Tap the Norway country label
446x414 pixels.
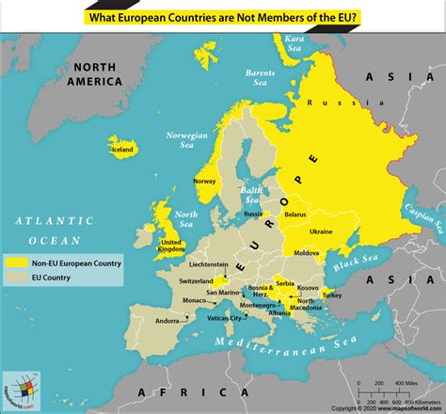click(x=204, y=181)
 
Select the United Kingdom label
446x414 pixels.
click(x=170, y=245)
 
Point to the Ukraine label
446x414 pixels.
click(x=321, y=231)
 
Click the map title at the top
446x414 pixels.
click(x=223, y=16)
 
